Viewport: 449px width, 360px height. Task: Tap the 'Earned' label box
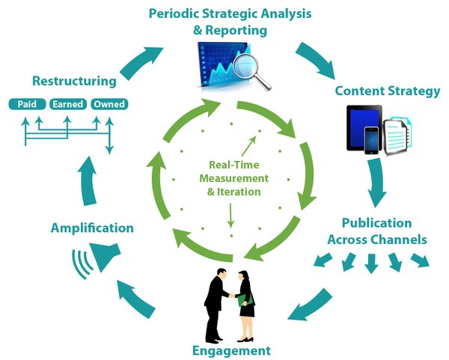[x=67, y=105]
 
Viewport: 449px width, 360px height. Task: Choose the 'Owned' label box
[x=109, y=105]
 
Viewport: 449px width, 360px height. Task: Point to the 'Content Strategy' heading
[x=388, y=91]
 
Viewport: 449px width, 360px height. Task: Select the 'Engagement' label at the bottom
[x=231, y=350]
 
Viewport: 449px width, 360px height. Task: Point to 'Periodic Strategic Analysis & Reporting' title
[x=231, y=22]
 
